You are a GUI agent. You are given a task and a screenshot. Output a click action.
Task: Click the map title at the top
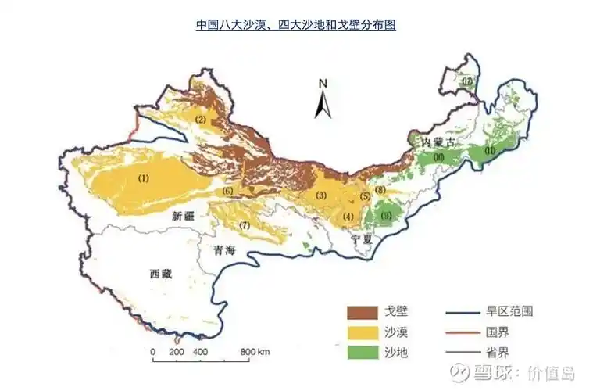295,25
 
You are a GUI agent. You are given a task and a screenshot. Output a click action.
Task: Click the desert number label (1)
143,178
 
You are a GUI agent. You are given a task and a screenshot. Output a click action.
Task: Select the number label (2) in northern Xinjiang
201,120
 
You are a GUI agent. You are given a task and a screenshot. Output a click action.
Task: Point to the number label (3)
320,195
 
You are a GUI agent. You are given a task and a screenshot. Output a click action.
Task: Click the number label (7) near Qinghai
245,225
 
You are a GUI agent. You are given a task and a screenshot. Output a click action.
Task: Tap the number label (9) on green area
386,214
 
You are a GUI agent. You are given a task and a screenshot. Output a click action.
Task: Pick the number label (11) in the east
490,150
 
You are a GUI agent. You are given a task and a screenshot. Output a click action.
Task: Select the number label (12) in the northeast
467,81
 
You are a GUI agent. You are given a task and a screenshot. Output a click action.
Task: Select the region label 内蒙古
437,142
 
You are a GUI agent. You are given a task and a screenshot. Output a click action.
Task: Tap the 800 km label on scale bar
255,352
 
